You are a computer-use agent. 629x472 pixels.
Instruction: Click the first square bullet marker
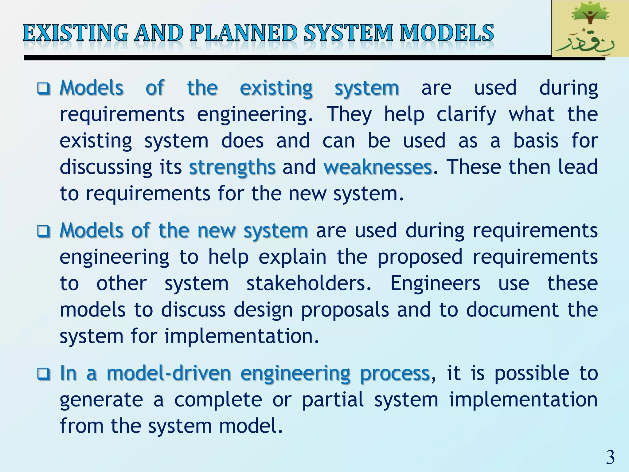click(44, 89)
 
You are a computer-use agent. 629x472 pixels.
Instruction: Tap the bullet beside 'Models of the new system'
click(44, 231)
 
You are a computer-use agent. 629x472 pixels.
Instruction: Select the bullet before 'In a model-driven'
click(44, 374)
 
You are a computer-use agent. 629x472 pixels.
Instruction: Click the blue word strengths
click(232, 167)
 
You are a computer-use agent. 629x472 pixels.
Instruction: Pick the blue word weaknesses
click(378, 167)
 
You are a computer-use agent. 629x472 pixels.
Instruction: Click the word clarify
click(466, 115)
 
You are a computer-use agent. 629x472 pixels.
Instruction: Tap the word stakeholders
click(309, 283)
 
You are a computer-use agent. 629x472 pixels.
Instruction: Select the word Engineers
click(435, 283)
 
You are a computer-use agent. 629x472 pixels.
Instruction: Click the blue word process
click(395, 374)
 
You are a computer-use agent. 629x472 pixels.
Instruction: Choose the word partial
click(333, 400)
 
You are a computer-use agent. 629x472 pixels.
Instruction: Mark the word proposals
click(345, 310)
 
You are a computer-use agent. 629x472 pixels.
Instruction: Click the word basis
click(536, 141)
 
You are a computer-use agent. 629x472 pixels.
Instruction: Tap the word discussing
click(106, 168)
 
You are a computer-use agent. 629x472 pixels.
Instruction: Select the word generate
click(101, 400)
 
